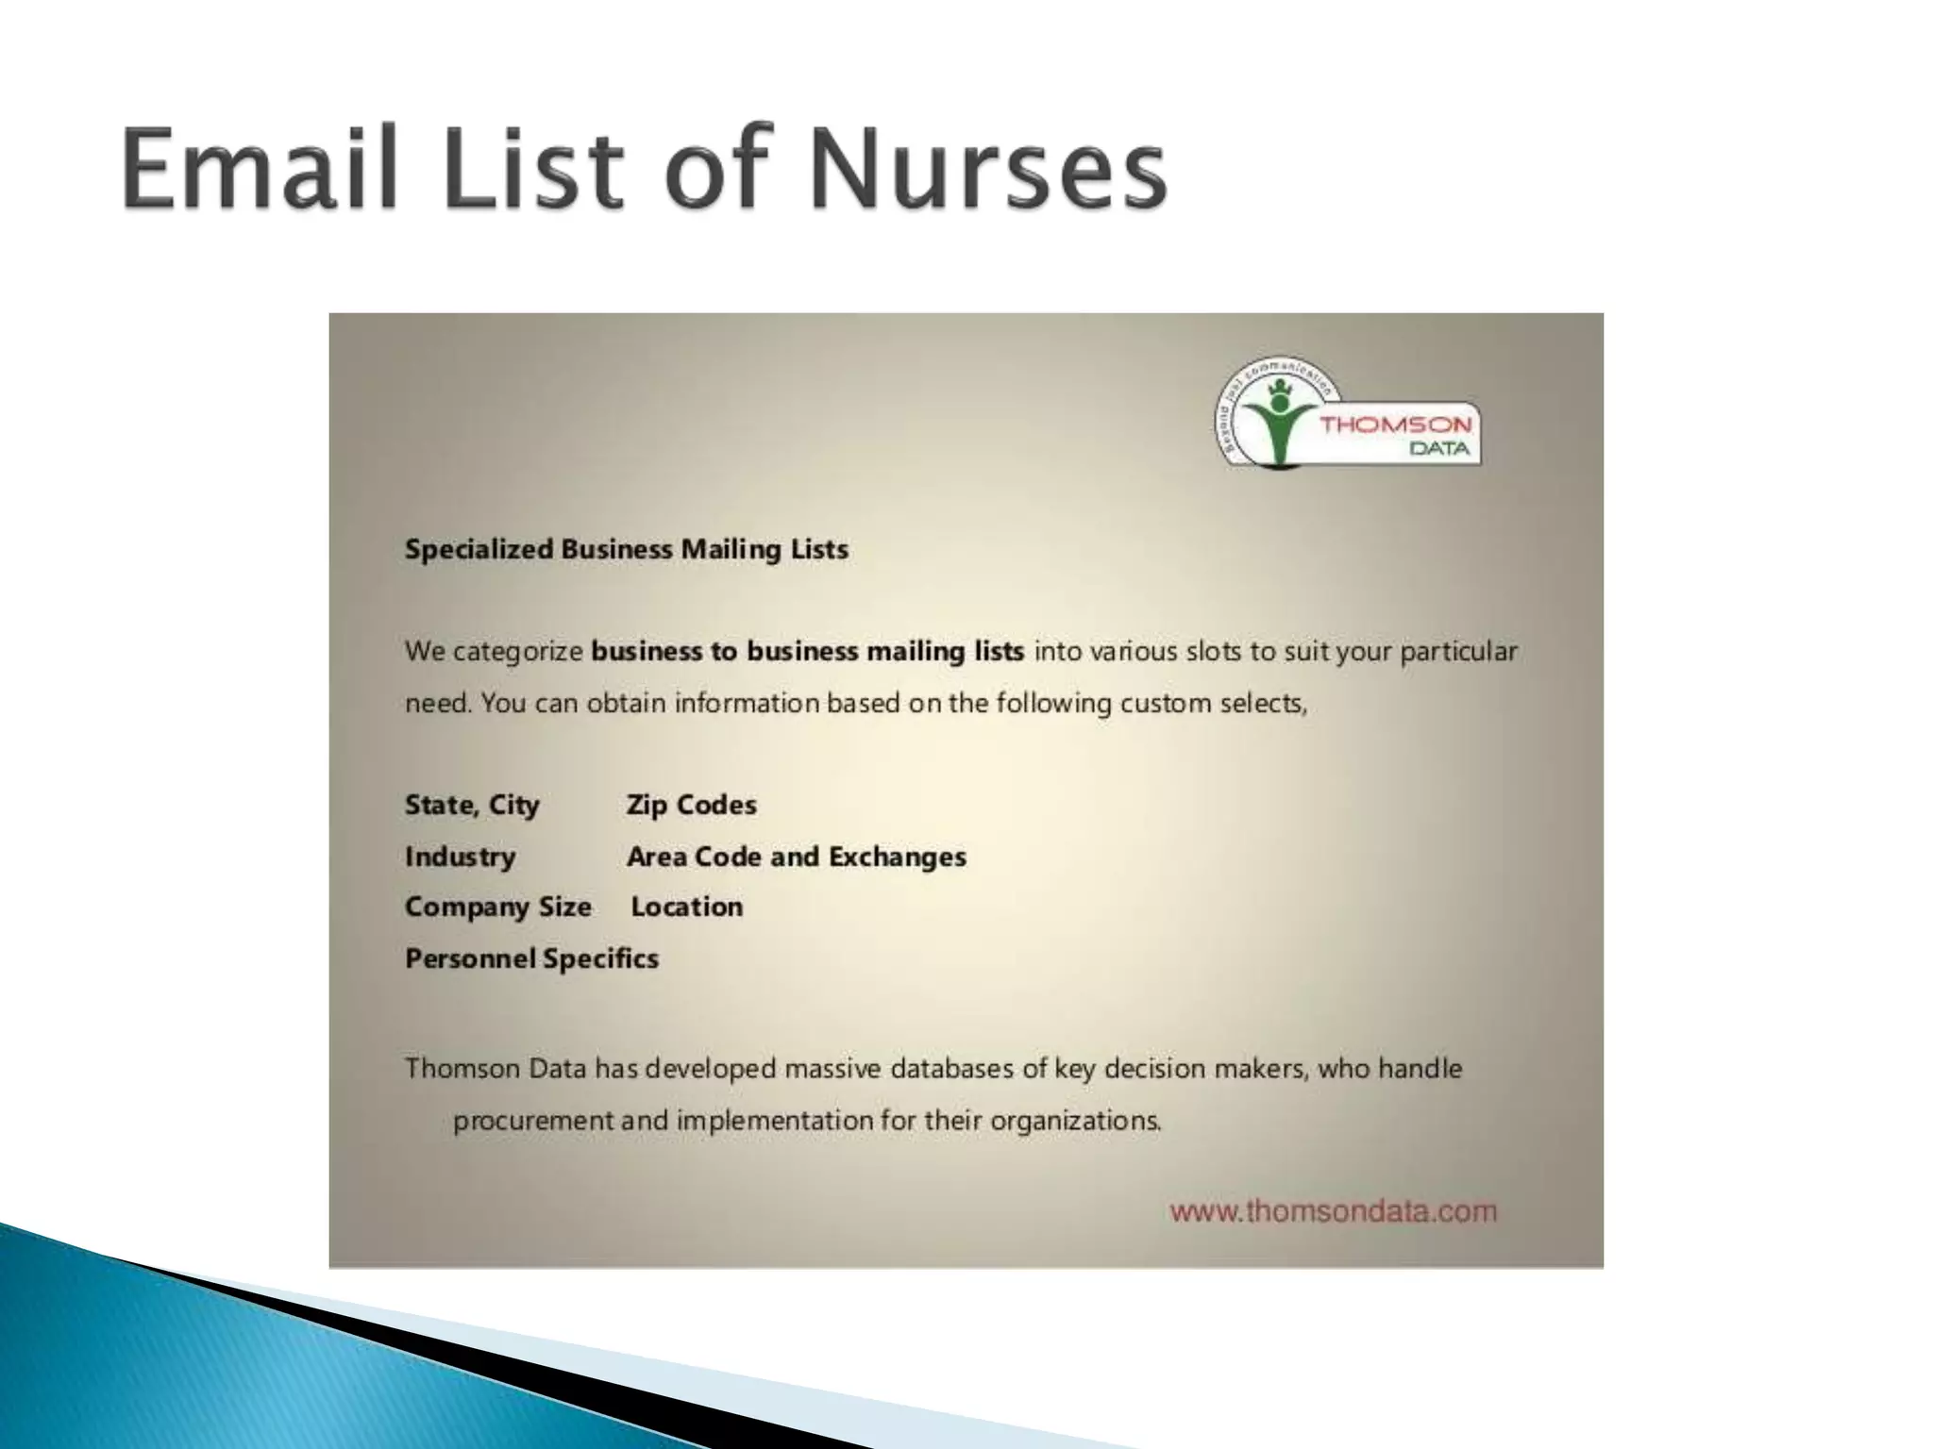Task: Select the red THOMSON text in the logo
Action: coord(1395,425)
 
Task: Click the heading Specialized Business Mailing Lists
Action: coord(626,549)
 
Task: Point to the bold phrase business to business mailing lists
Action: coord(807,652)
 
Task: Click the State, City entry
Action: coord(472,806)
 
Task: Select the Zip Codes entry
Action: coord(691,806)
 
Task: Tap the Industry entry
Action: coord(460,857)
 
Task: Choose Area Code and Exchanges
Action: coord(796,857)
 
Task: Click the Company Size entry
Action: coord(497,908)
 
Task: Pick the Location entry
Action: coord(686,908)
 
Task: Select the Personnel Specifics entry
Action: coord(531,959)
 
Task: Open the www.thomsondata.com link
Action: coord(1333,1211)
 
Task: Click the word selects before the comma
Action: coord(1256,704)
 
